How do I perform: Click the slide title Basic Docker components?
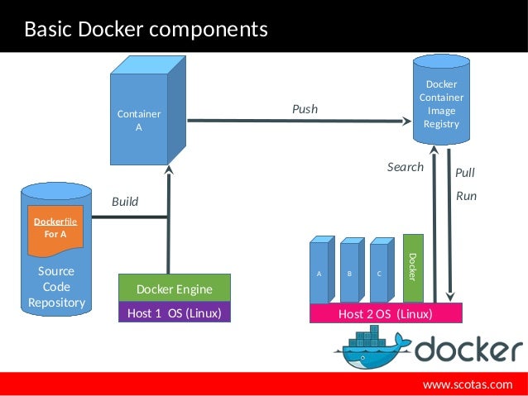pyautogui.click(x=146, y=30)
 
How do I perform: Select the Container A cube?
pyautogui.click(x=139, y=121)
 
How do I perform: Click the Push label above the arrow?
pyautogui.click(x=304, y=109)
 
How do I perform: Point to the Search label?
pyautogui.click(x=405, y=167)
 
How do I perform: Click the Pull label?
pyautogui.click(x=465, y=174)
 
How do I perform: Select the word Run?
pyautogui.click(x=466, y=197)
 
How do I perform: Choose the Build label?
pyautogui.click(x=125, y=202)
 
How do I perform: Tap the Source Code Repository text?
pyautogui.click(x=56, y=286)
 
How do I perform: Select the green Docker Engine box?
pyautogui.click(x=174, y=289)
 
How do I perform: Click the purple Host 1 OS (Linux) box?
pyautogui.click(x=174, y=313)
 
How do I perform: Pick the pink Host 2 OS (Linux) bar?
pyautogui.click(x=385, y=314)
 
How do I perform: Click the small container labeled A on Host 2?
pyautogui.click(x=319, y=272)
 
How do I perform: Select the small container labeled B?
pyautogui.click(x=349, y=272)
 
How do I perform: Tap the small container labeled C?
pyautogui.click(x=379, y=272)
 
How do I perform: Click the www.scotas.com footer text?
pyautogui.click(x=468, y=384)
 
